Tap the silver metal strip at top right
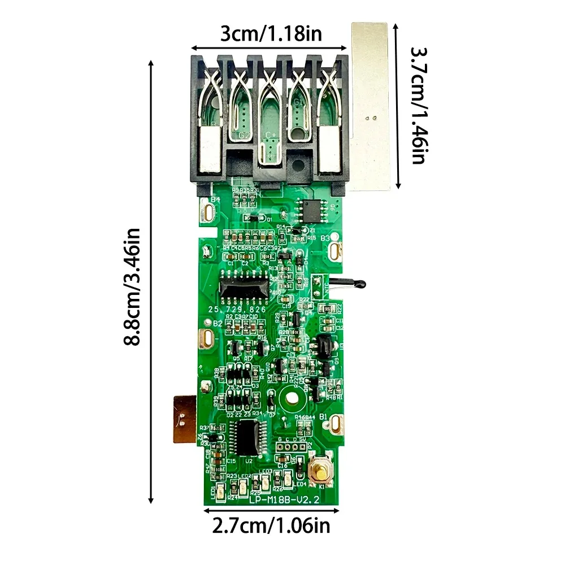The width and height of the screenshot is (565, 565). [x=371, y=107]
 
